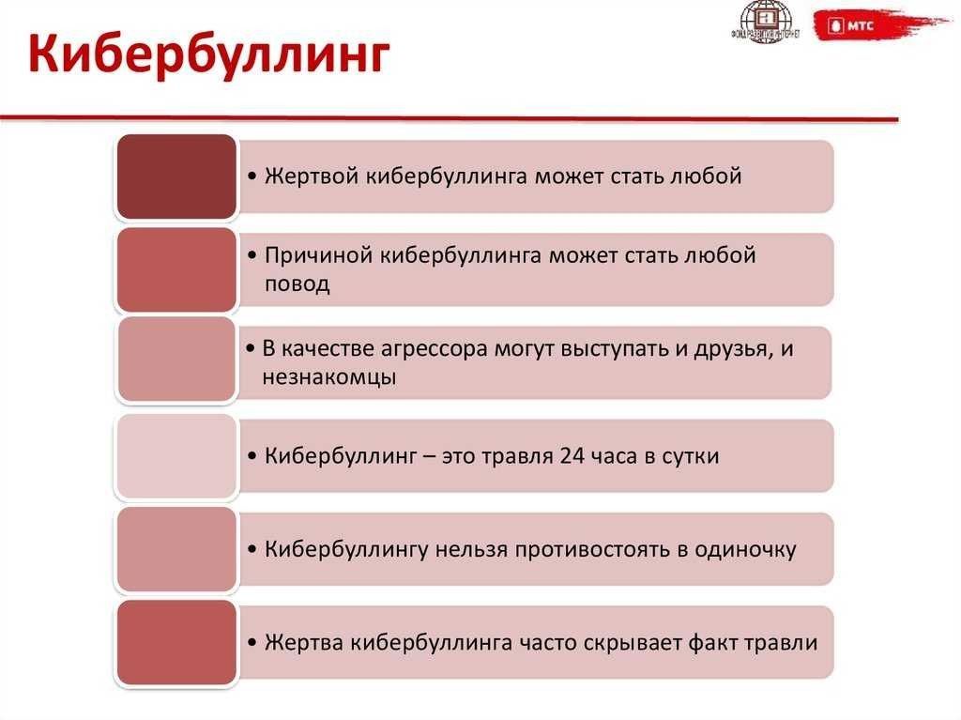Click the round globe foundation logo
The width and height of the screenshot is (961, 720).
point(766,22)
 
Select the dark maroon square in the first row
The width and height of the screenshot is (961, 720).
point(176,176)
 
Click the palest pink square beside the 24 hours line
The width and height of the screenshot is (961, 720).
point(176,456)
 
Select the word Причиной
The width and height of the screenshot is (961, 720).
point(319,255)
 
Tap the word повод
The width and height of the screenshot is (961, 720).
point(297,284)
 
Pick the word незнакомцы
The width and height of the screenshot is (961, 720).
point(329,376)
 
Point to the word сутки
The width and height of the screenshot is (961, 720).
point(690,456)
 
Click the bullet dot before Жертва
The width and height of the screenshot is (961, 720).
point(252,643)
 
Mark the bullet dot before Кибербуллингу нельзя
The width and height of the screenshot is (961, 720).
point(252,550)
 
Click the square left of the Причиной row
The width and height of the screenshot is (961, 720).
point(176,269)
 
